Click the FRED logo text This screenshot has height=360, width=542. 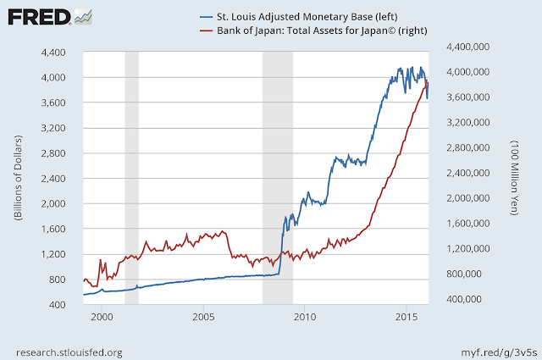[39, 17]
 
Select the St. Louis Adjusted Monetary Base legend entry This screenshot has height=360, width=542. [299, 17]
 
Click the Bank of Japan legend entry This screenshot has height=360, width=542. [313, 30]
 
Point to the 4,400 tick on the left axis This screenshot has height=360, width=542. [53, 53]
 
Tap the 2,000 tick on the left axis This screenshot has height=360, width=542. [53, 203]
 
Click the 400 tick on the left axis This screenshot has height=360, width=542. [58, 305]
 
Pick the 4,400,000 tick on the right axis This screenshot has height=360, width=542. [468, 47]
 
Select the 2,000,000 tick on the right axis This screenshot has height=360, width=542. [468, 198]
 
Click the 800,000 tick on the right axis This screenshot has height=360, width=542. [464, 274]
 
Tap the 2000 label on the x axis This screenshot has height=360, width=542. [102, 317]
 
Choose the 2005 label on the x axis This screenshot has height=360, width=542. [203, 317]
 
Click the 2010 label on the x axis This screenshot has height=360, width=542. [305, 317]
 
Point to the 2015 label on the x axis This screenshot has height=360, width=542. [406, 317]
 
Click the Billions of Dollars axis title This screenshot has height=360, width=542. [18, 178]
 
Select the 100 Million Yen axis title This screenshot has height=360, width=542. [514, 178]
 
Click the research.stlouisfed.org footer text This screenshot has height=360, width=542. [69, 352]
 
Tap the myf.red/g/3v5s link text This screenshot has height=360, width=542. [499, 352]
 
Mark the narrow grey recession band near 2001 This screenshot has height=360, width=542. [132, 178]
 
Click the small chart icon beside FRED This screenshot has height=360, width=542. [83, 17]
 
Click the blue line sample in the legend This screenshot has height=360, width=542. [206, 17]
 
